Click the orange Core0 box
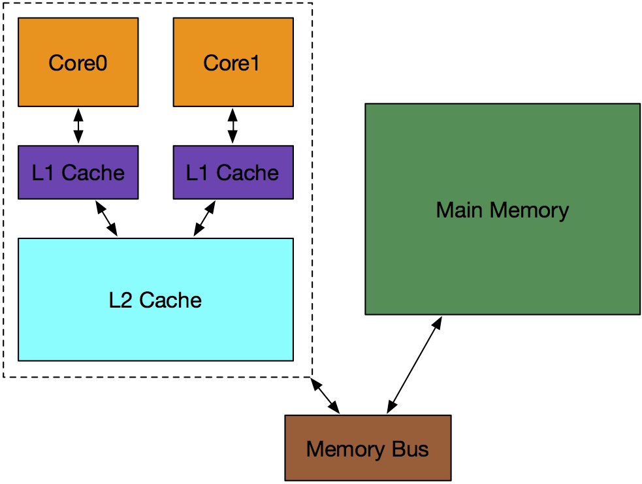(78, 85)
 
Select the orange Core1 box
(233, 85)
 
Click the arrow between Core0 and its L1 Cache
(78, 126)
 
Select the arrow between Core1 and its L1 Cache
(233, 126)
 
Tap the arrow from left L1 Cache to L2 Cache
(106, 218)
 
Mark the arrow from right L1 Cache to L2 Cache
(204, 218)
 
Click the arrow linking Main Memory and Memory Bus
(414, 365)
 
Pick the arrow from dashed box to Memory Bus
(326, 395)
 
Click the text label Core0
(78, 63)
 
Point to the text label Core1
(232, 63)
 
